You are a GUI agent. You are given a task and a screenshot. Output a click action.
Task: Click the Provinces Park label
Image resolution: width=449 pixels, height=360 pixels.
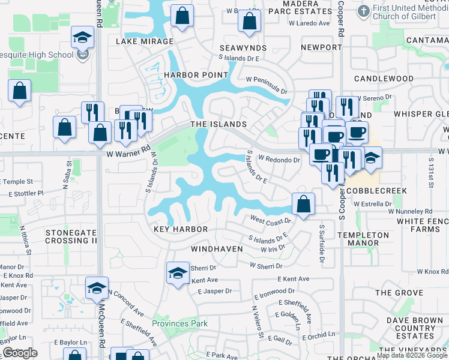click(x=179, y=323)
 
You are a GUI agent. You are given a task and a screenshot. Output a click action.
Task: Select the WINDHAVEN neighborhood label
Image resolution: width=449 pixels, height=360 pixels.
click(x=217, y=248)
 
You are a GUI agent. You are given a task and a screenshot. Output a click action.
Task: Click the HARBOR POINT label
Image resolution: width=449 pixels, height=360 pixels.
click(x=196, y=75)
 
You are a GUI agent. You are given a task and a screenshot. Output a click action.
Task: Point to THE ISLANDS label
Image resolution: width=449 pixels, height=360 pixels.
click(x=218, y=124)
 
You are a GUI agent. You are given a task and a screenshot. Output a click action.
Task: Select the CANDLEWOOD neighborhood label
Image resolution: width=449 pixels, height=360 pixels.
click(x=384, y=79)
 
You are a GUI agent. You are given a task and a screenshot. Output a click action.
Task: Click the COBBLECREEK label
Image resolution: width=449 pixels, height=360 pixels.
click(x=377, y=191)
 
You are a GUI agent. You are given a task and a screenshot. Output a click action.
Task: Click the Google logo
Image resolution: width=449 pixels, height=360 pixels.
click(x=20, y=353)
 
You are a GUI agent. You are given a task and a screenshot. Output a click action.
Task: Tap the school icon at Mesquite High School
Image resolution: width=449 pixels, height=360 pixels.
click(x=82, y=38)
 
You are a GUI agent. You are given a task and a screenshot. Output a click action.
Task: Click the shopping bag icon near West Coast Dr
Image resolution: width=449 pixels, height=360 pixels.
click(x=304, y=204)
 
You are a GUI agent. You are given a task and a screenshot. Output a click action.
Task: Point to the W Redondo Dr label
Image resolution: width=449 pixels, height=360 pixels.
click(x=279, y=160)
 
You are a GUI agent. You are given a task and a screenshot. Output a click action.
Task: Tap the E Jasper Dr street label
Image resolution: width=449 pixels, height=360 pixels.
click(x=214, y=291)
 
